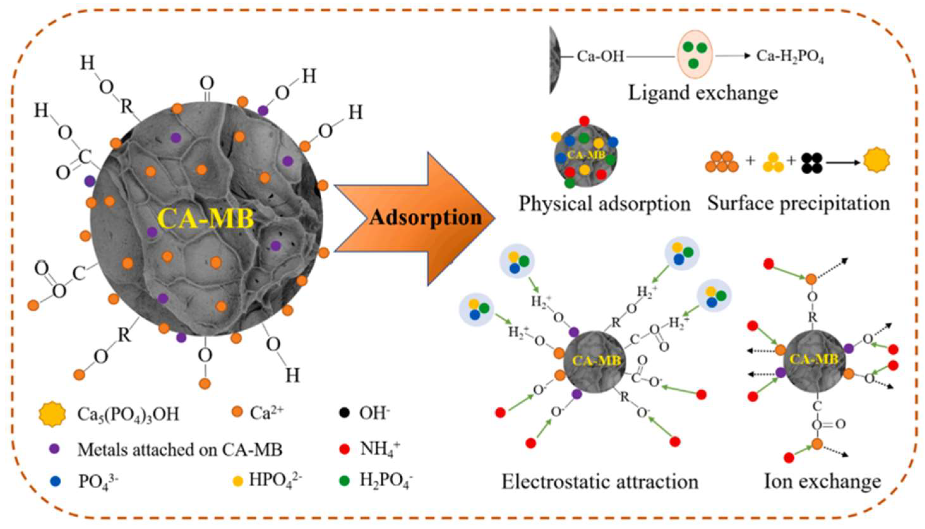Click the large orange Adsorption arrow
coord(414,218)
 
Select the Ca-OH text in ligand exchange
coord(600,57)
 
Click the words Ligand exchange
coord(703,93)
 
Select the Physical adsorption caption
coord(604,204)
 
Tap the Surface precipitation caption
coord(798,204)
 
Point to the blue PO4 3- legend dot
coord(55,482)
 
